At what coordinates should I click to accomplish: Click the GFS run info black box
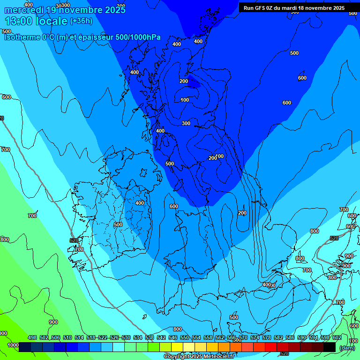click(x=294, y=8)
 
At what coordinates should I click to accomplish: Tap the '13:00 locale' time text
click(x=36, y=21)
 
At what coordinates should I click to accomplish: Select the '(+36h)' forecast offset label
click(x=82, y=21)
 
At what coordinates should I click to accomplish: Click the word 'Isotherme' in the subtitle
click(x=22, y=37)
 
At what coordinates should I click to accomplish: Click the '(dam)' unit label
click(x=347, y=347)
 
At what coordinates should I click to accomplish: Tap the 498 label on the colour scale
click(x=32, y=337)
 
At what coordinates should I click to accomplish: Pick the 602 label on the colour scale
click(x=337, y=337)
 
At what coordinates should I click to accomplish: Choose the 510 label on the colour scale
click(x=67, y=337)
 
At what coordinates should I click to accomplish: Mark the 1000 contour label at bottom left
click(x=13, y=345)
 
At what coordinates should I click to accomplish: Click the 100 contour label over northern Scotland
click(x=185, y=100)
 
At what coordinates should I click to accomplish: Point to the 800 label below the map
click(x=177, y=329)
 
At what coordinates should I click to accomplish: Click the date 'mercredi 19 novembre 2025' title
click(x=65, y=9)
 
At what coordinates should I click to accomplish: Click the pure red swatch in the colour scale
click(x=271, y=347)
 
